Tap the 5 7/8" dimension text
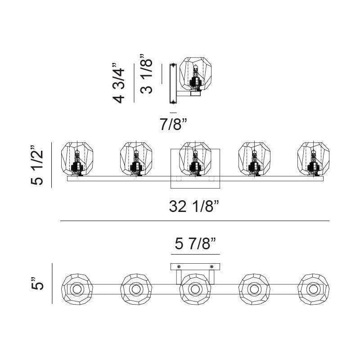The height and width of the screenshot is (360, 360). [x=195, y=243]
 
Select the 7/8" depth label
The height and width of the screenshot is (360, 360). [x=173, y=125]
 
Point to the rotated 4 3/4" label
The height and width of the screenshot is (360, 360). [x=118, y=83]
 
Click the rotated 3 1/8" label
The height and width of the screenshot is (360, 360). [x=146, y=74]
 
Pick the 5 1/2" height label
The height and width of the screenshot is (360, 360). [x=37, y=165]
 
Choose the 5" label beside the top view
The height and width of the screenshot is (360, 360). [x=37, y=283]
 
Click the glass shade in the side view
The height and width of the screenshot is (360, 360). [x=195, y=73]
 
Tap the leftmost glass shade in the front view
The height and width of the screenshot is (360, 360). [x=77, y=159]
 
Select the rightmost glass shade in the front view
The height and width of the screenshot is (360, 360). [x=313, y=159]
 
